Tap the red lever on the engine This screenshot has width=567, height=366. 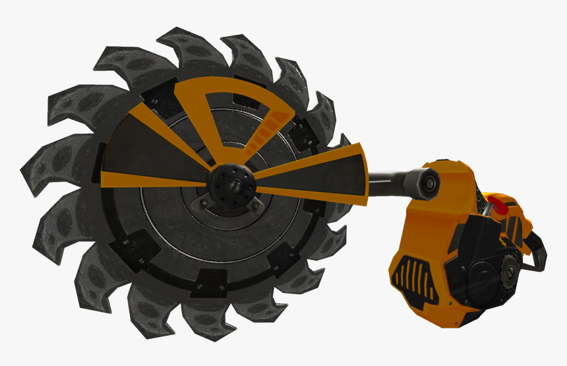(499, 206)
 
